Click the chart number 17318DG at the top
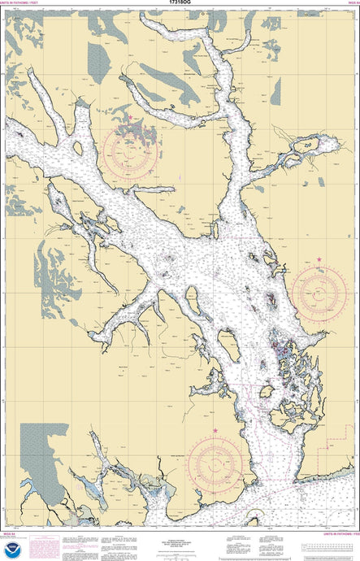[180, 3]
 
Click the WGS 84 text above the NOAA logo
[11, 533]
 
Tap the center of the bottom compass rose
[215, 465]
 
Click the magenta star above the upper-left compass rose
[129, 118]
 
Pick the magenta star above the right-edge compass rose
[319, 259]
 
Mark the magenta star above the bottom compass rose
[215, 430]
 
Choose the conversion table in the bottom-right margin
[328, 546]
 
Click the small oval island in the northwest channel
[78, 148]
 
